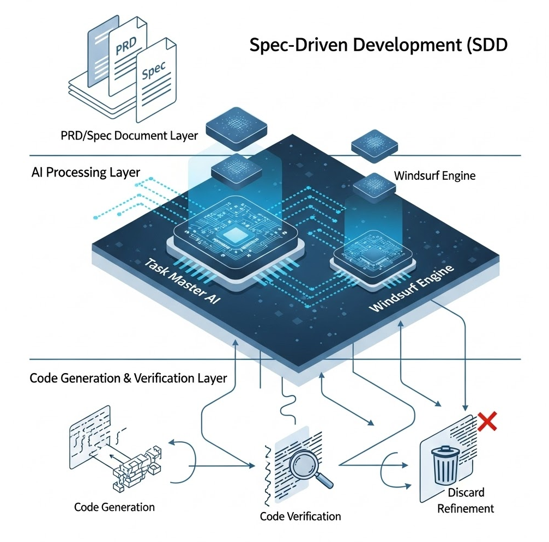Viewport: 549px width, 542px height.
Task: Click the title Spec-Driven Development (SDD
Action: [378, 45]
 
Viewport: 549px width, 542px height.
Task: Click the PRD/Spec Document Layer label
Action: [129, 135]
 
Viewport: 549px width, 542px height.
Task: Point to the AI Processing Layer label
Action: [85, 173]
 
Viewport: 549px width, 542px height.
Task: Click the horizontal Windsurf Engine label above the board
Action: [435, 176]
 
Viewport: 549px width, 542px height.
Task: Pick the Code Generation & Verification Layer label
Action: [128, 377]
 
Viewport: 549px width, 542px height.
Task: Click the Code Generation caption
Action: [114, 507]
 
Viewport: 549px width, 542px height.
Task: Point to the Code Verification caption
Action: [300, 516]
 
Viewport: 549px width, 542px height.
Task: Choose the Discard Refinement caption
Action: [466, 501]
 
